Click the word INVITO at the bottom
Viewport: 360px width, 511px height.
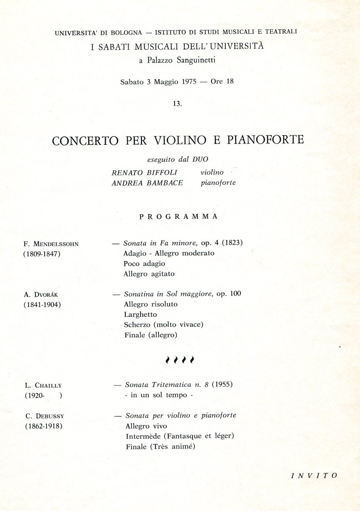(x=314, y=476)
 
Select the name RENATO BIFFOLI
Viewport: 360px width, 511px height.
(x=144, y=172)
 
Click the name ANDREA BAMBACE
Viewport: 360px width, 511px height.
(x=147, y=183)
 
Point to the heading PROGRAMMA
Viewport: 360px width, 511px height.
(x=179, y=216)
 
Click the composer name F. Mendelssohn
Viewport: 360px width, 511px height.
(x=52, y=244)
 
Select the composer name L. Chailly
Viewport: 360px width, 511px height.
(x=43, y=386)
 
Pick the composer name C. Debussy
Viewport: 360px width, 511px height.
(x=44, y=416)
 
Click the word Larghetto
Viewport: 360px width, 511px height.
(x=141, y=315)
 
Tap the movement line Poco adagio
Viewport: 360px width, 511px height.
(x=144, y=264)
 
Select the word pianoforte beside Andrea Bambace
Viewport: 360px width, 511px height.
(x=218, y=183)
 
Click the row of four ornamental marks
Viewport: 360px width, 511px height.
(x=179, y=360)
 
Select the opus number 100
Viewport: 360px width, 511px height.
(x=235, y=294)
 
